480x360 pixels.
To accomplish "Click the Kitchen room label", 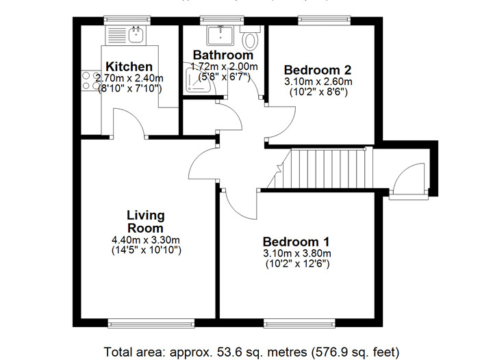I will (129, 66).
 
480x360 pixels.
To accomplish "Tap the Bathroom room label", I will (223, 55).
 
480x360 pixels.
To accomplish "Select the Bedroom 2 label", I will (318, 69).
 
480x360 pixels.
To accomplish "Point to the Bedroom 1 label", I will (296, 242).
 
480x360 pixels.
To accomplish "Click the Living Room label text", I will (145, 222).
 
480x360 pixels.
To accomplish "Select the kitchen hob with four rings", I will (91, 82).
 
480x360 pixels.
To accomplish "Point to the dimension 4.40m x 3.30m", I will (145, 240).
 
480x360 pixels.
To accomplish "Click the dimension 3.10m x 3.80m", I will (296, 253).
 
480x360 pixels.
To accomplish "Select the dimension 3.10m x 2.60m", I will (318, 81).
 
